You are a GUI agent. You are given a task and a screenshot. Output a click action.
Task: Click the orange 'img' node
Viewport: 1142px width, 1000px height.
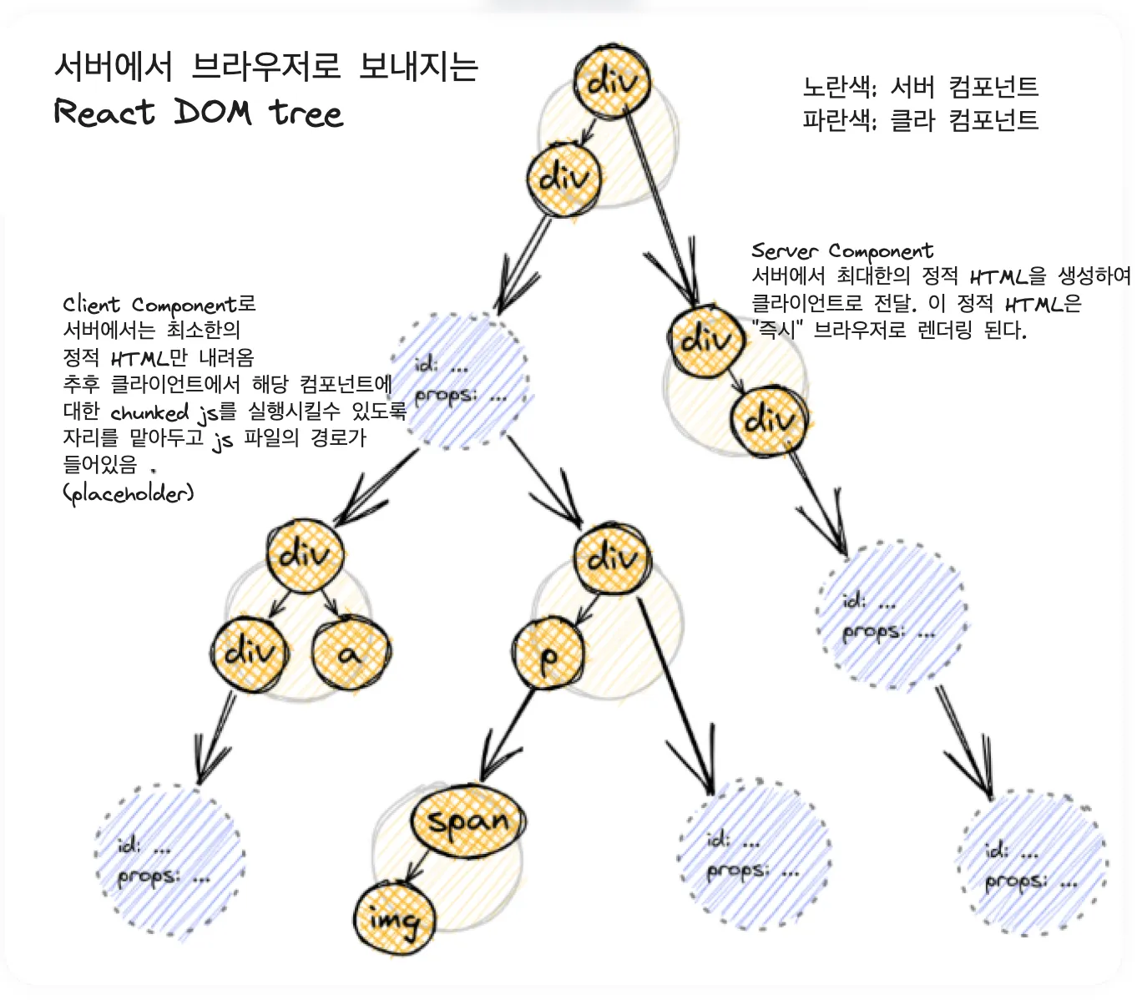pyautogui.click(x=395, y=919)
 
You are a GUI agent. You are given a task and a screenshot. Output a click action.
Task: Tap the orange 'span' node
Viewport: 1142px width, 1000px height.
pyautogui.click(x=468, y=821)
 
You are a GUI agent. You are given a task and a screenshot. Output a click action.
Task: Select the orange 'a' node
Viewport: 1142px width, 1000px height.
pyautogui.click(x=351, y=653)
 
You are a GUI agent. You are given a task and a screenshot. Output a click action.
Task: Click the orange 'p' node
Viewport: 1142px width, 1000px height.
pyautogui.click(x=548, y=654)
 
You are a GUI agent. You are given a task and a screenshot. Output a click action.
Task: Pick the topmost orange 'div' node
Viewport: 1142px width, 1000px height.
pyautogui.click(x=612, y=81)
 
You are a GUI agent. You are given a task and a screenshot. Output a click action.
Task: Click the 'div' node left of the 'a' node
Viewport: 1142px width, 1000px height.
pyautogui.click(x=250, y=653)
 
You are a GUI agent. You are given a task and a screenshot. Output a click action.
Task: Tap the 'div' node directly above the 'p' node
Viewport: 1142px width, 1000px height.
pyautogui.click(x=612, y=558)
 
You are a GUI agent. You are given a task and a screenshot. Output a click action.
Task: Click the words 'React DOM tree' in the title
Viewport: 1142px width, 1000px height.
pyautogui.click(x=198, y=113)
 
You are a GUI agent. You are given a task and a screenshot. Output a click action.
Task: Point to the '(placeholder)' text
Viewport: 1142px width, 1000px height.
pyautogui.click(x=129, y=493)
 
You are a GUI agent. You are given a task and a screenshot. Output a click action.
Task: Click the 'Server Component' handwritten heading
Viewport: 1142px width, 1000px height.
pyautogui.click(x=842, y=250)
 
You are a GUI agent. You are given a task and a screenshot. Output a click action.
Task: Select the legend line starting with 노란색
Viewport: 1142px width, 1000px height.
pyautogui.click(x=921, y=87)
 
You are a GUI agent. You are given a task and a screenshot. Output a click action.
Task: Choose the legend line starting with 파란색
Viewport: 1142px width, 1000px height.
pyautogui.click(x=921, y=120)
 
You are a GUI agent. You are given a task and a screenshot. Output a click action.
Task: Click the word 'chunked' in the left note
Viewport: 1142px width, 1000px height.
pyautogui.click(x=149, y=413)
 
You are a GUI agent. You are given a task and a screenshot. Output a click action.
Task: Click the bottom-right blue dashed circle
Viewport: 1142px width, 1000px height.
pyautogui.click(x=1033, y=866)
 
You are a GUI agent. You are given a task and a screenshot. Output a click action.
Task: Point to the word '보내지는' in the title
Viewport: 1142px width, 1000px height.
pyautogui.click(x=418, y=67)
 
